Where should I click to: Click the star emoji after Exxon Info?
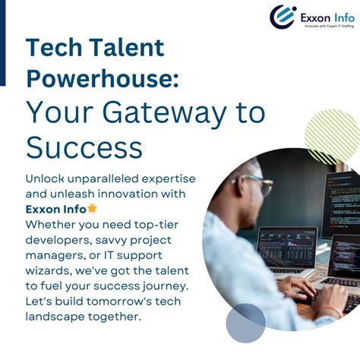92,208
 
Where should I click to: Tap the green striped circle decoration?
332,135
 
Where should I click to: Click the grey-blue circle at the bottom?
245,323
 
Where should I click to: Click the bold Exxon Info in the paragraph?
55,209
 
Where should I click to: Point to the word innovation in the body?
122,193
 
